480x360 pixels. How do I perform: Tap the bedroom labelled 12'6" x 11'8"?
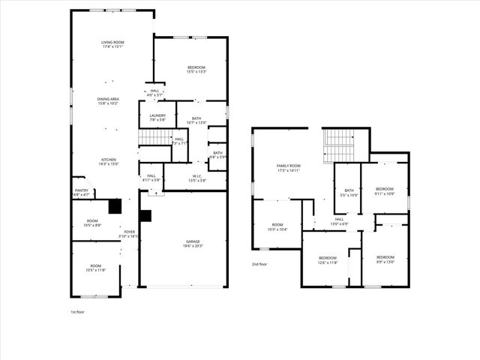click(x=328, y=260)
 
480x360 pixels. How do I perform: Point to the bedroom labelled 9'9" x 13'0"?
click(x=385, y=259)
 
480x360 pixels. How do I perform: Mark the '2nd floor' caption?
click(x=259, y=264)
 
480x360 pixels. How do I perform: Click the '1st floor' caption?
click(x=78, y=311)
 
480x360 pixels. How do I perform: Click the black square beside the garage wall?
click(x=145, y=216)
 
